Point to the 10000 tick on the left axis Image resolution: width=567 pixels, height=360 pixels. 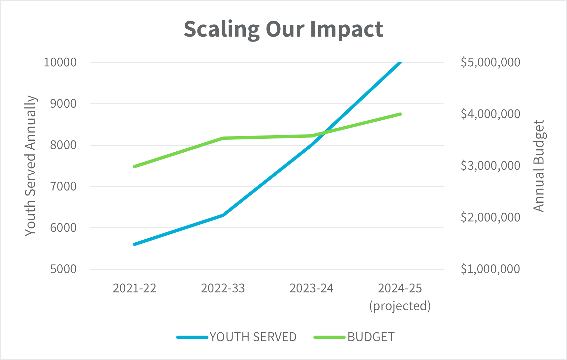coord(60,62)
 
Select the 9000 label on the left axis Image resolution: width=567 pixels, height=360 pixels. coord(63,104)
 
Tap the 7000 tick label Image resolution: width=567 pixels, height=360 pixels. coord(63,186)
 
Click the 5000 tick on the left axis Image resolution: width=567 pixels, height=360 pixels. coord(63,269)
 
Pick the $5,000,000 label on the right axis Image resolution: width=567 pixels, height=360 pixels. coord(490,62)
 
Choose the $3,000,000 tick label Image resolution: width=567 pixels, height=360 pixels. coord(490,165)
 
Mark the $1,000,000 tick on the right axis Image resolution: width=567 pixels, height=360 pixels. coord(490,269)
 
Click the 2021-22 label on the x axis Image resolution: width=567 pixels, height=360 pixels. coord(135,288)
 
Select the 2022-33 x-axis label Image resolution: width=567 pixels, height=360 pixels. coord(223,288)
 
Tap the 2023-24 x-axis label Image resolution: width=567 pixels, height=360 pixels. coord(311,288)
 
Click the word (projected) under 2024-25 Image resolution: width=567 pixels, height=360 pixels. coord(400,306)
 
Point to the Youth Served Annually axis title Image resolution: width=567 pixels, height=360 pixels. coord(31,165)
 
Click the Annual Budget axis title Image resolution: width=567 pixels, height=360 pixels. coord(539,165)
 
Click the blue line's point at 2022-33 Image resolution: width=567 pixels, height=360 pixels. coord(223,215)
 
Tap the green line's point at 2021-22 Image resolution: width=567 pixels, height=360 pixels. coord(135,166)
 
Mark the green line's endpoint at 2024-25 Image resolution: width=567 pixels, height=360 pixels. coord(400,114)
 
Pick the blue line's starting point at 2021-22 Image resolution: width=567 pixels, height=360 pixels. coord(135,244)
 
